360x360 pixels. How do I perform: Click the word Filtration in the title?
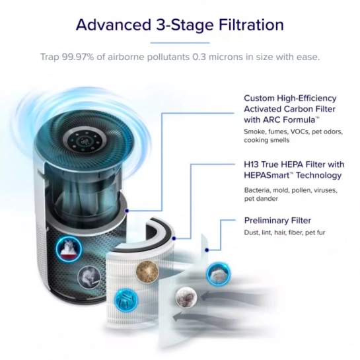pyautogui.click(x=251, y=25)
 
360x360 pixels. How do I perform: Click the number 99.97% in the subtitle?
pyautogui.click(x=78, y=57)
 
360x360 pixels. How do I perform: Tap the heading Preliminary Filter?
pyautogui.click(x=277, y=221)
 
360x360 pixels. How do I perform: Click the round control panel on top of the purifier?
pyautogui.click(x=85, y=141)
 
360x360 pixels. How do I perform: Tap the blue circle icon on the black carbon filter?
pyautogui.click(x=69, y=250)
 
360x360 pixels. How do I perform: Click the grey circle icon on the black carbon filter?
pyautogui.click(x=89, y=277)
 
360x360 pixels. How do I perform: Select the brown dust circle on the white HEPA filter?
pyautogui.click(x=147, y=271)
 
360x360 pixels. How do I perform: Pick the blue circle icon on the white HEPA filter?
pyautogui.click(x=126, y=300)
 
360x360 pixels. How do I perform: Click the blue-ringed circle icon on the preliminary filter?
pyautogui.click(x=219, y=274)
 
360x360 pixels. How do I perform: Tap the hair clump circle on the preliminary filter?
pyautogui.click(x=186, y=298)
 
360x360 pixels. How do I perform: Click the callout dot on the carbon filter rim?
pyautogui.click(x=127, y=211)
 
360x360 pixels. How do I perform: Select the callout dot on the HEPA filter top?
pyautogui.click(x=174, y=238)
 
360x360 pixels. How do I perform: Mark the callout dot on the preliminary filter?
pyautogui.click(x=207, y=250)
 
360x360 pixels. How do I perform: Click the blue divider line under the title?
pyautogui.click(x=180, y=43)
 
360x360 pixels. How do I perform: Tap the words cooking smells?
pyautogui.click(x=267, y=140)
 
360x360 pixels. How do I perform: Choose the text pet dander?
pyautogui.click(x=261, y=199)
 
